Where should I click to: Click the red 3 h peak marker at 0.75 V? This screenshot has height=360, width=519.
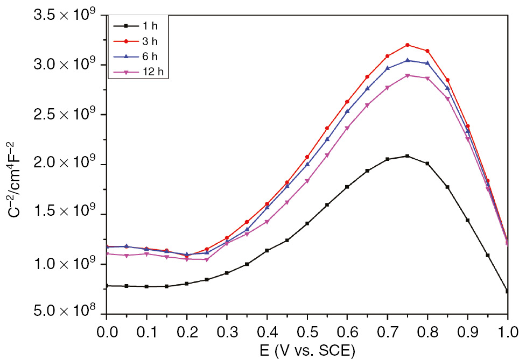(x=408, y=45)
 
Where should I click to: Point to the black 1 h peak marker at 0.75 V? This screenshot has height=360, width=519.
(x=408, y=156)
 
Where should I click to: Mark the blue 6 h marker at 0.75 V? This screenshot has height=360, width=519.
(x=408, y=60)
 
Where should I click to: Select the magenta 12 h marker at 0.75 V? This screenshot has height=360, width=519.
(x=408, y=75)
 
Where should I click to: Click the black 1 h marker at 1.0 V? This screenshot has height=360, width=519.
(x=508, y=291)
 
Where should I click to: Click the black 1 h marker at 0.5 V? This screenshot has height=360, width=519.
(x=307, y=223)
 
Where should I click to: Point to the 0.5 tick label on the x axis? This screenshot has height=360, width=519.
(x=307, y=328)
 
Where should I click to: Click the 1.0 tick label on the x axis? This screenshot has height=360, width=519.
(x=507, y=328)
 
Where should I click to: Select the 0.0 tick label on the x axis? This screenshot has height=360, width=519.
(x=107, y=328)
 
